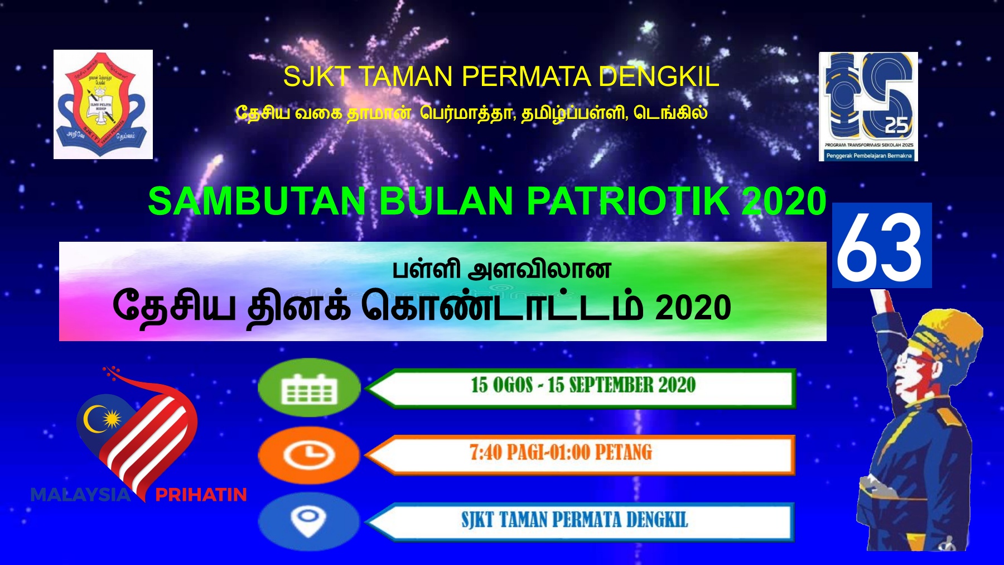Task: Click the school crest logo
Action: point(103,104)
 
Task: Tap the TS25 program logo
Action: point(868,106)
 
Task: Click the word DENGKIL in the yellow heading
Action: point(659,76)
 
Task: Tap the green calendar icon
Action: point(309,387)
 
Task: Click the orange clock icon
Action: point(309,454)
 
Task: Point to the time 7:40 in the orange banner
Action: point(485,452)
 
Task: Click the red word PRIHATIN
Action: point(201,495)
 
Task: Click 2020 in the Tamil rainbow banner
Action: point(693,308)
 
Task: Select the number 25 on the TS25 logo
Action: point(896,126)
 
